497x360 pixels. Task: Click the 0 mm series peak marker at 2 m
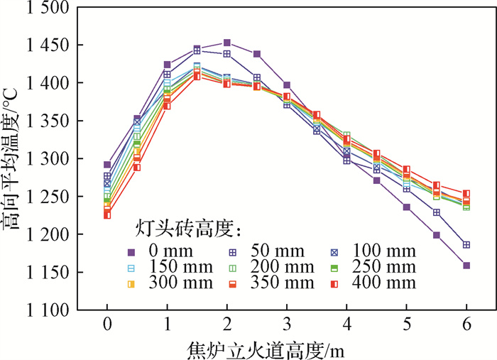226,43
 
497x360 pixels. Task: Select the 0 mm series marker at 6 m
466,266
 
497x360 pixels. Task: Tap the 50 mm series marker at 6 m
466,245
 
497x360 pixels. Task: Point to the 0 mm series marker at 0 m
107,165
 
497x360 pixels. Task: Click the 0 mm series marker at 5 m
407,207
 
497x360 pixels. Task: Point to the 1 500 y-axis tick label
56,9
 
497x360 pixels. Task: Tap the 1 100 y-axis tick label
56,310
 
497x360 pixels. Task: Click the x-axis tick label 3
286,325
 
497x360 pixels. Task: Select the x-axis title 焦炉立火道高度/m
286,348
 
